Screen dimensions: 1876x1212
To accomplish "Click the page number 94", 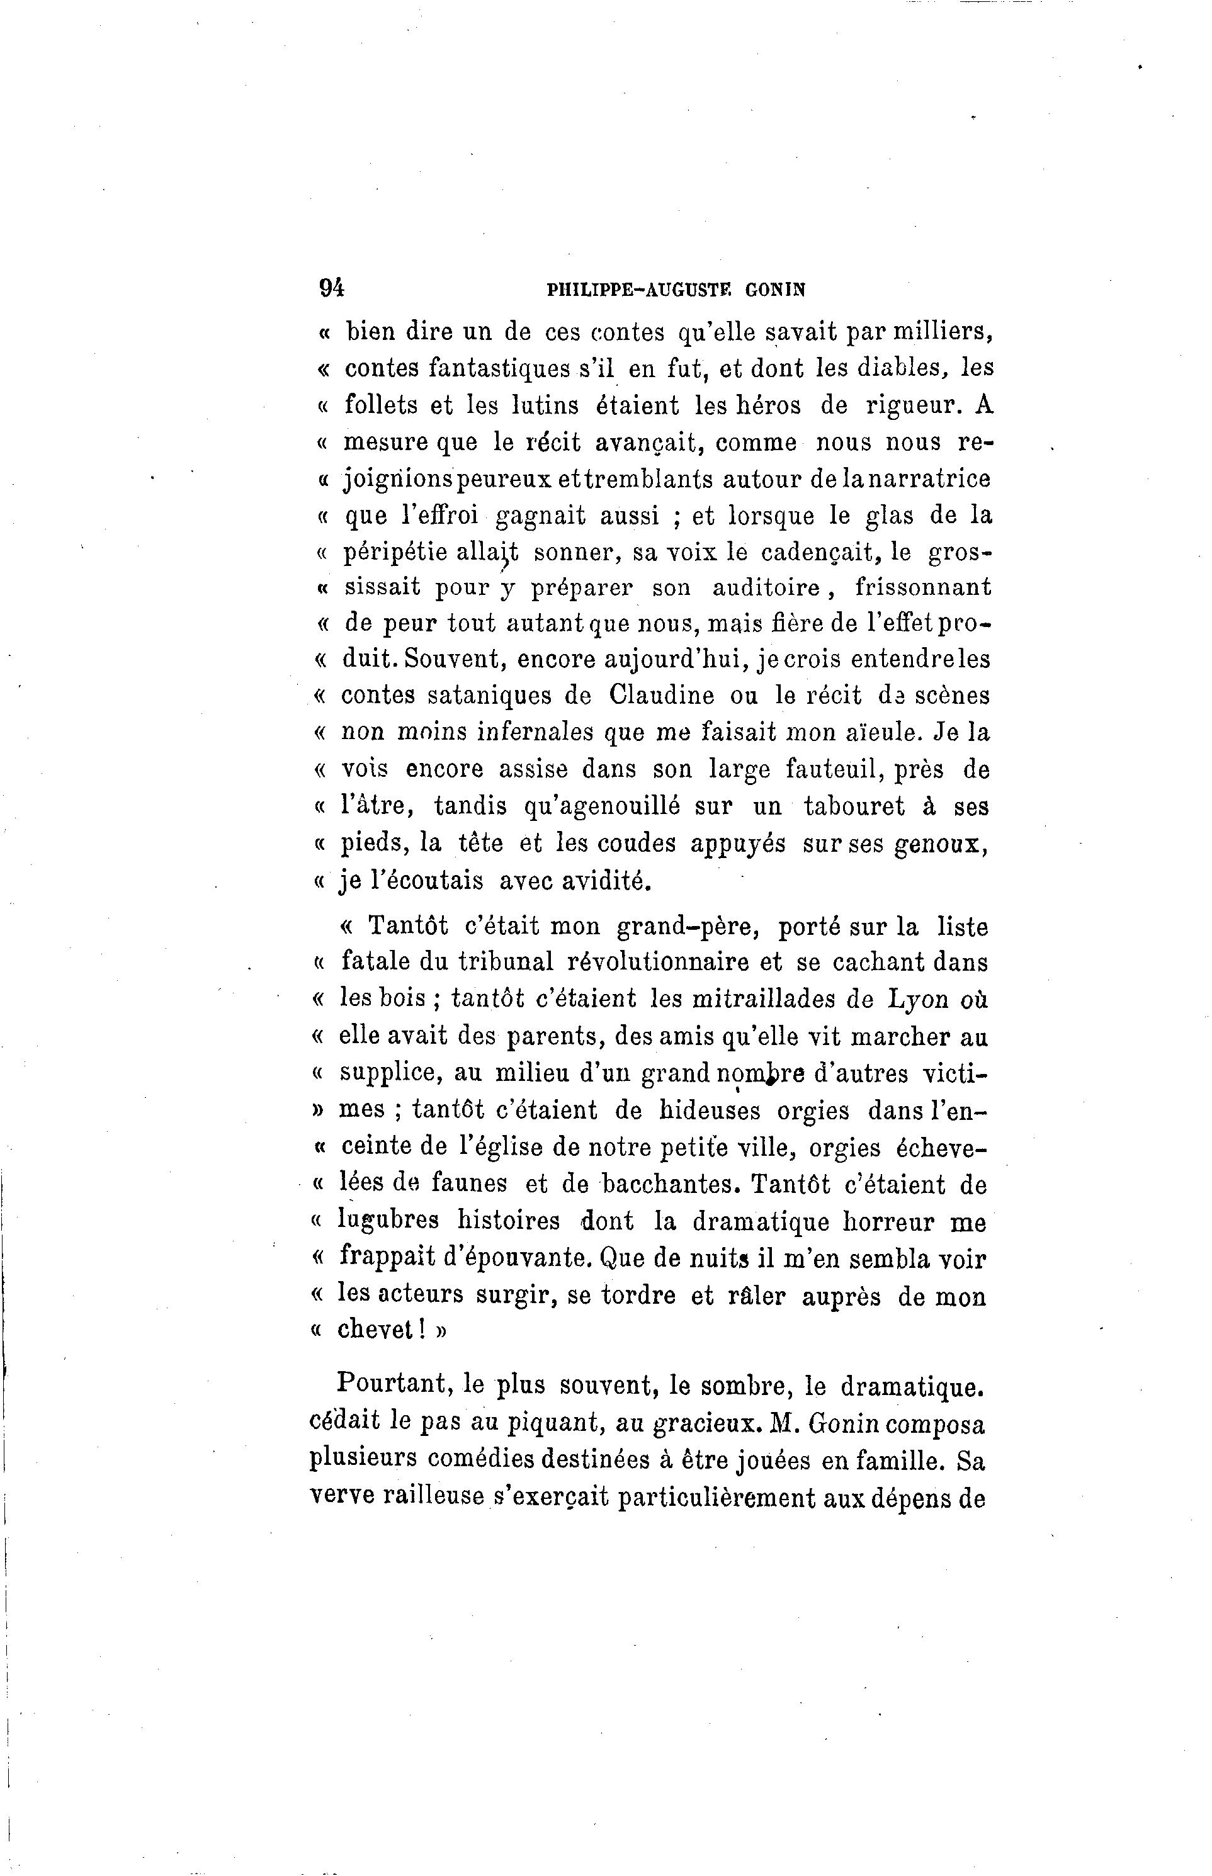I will [331, 289].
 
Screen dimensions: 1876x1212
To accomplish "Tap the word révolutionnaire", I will [658, 963].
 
